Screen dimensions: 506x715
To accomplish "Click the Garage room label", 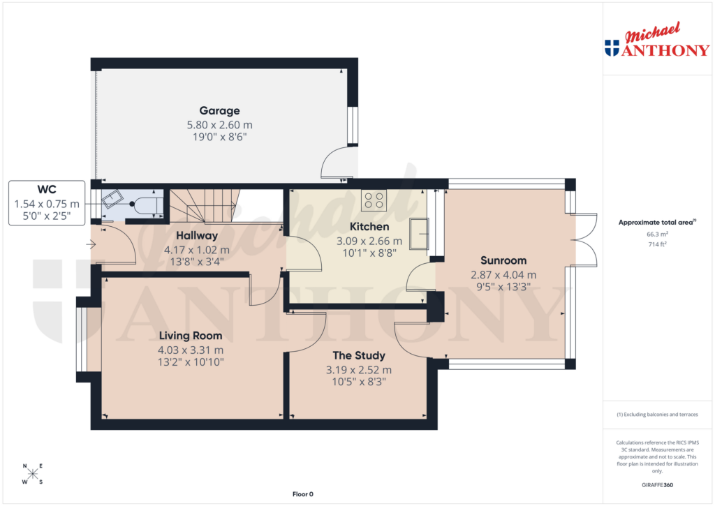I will pyautogui.click(x=219, y=110).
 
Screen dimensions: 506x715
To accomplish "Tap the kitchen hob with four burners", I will pyautogui.click(x=374, y=201).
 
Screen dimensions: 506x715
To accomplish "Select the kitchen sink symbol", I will pyautogui.click(x=419, y=232).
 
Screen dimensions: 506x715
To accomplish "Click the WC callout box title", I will pyautogui.click(x=47, y=190).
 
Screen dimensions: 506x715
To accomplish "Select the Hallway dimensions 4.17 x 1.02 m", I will pyautogui.click(x=196, y=249).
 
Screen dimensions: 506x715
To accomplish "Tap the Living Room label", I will pyautogui.click(x=191, y=336).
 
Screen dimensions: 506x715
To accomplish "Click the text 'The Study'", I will pyautogui.click(x=359, y=355).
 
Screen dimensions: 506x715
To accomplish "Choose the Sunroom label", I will pyautogui.click(x=503, y=260).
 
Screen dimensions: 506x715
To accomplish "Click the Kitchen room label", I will pyautogui.click(x=369, y=227).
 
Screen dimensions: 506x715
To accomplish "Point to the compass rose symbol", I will pyautogui.click(x=32, y=474).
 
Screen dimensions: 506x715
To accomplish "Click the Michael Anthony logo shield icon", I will pyautogui.click(x=612, y=48).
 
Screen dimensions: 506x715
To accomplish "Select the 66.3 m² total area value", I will pyautogui.click(x=657, y=235).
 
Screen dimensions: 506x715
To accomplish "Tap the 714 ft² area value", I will pyautogui.click(x=657, y=245).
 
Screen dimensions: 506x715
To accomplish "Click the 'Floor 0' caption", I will pyautogui.click(x=302, y=494).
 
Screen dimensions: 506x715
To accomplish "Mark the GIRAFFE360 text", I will pyautogui.click(x=657, y=485).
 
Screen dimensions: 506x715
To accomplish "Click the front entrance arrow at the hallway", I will pyautogui.click(x=91, y=244).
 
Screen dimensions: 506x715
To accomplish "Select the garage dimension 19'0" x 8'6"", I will pyautogui.click(x=219, y=137).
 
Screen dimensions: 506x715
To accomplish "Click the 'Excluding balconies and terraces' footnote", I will pyautogui.click(x=657, y=415).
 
